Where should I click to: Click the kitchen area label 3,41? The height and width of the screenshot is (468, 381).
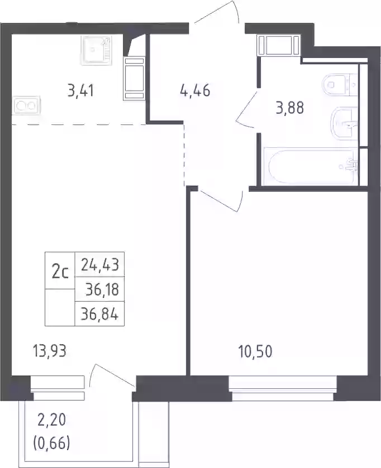pyautogui.click(x=80, y=91)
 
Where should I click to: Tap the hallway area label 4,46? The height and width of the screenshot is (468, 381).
pyautogui.click(x=195, y=90)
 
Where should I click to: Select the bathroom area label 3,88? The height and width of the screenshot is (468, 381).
pyautogui.click(x=289, y=108)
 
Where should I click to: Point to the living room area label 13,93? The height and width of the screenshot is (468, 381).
pyautogui.click(x=50, y=351)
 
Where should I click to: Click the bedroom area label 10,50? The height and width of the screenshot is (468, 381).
pyautogui.click(x=255, y=352)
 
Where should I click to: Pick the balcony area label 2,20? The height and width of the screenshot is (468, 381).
pyautogui.click(x=52, y=420)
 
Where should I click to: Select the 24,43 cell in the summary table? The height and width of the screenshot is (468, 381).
pyautogui.click(x=100, y=265)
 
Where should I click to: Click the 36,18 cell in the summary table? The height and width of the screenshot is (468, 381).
pyautogui.click(x=100, y=290)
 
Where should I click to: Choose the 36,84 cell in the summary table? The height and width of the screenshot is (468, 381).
pyautogui.click(x=100, y=314)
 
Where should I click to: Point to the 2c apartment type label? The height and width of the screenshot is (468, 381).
pyautogui.click(x=60, y=272)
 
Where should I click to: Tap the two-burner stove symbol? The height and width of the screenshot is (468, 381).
pyautogui.click(x=26, y=105)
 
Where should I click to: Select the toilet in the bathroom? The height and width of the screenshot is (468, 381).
pyautogui.click(x=340, y=85)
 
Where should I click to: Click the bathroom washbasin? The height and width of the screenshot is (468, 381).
pyautogui.click(x=344, y=123)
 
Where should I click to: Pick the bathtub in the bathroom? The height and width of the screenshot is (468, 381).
pyautogui.click(x=311, y=167)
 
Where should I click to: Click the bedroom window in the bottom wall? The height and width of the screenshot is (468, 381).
pyautogui.click(x=282, y=388)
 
